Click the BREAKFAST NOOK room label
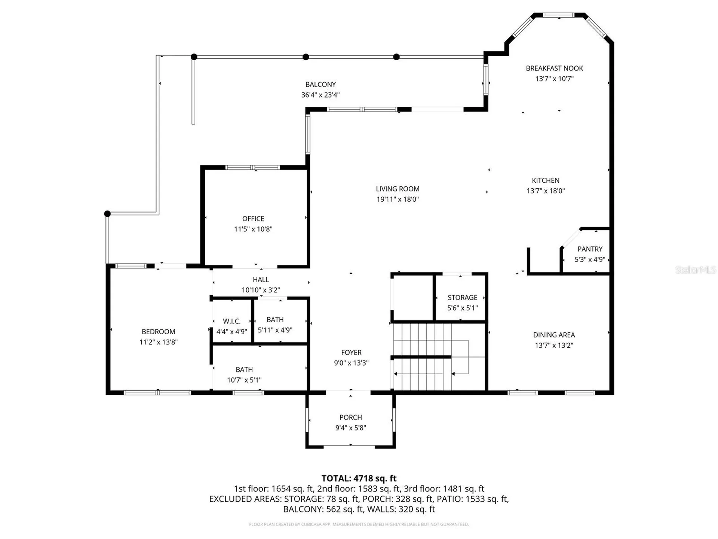click(x=554, y=68)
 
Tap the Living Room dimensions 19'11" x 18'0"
click(x=398, y=199)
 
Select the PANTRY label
click(x=590, y=249)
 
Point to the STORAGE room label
click(x=462, y=298)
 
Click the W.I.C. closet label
click(x=231, y=321)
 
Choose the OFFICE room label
click(x=253, y=219)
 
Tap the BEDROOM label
click(x=158, y=332)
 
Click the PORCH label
click(x=350, y=417)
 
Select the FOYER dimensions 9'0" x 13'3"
click(x=351, y=363)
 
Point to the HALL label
click(x=261, y=280)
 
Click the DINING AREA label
click(x=554, y=335)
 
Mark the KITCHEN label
click(x=546, y=180)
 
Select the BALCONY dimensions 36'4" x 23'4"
click(x=320, y=95)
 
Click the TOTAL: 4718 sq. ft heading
click(x=359, y=478)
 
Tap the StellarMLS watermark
click(x=695, y=269)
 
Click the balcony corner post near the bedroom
click(x=107, y=214)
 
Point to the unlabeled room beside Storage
click(x=412, y=298)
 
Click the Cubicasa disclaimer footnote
click(x=359, y=524)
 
